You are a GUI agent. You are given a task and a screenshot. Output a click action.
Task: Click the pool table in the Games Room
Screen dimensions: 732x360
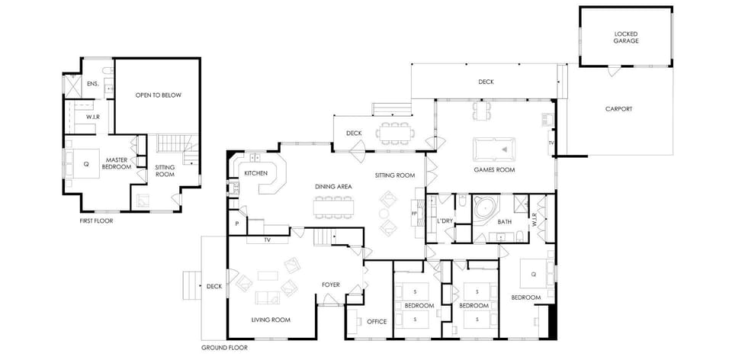pyautogui.click(x=494, y=149)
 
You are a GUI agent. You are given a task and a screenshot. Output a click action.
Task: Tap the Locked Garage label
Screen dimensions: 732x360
pyautogui.click(x=625, y=37)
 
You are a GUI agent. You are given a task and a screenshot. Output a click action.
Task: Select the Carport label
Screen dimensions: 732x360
pyautogui.click(x=618, y=109)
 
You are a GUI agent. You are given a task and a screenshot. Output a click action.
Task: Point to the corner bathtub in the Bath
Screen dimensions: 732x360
pyautogui.click(x=486, y=207)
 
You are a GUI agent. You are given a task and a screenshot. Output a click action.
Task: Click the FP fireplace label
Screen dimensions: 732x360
pyautogui.click(x=413, y=214)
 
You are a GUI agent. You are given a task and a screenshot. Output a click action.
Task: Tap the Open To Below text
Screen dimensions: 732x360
pyautogui.click(x=159, y=95)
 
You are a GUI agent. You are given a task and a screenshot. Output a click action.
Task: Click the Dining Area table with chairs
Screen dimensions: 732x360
pyautogui.click(x=334, y=207)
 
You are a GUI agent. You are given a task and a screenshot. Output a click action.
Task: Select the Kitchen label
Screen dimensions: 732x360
pyautogui.click(x=256, y=173)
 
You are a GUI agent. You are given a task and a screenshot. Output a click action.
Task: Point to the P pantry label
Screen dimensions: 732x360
pyautogui.click(x=237, y=223)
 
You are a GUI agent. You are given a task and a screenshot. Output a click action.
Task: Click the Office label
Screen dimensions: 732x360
pyautogui.click(x=377, y=322)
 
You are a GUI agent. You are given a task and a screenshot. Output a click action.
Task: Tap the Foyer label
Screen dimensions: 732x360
pyautogui.click(x=330, y=284)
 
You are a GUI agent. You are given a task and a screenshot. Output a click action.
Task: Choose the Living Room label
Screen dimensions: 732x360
pyautogui.click(x=271, y=320)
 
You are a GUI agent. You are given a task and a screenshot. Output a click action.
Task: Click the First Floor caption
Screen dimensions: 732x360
pyautogui.click(x=97, y=221)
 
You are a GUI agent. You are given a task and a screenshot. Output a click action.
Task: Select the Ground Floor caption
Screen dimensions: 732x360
pyautogui.click(x=224, y=348)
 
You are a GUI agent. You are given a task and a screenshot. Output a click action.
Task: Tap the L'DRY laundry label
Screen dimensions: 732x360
pyautogui.click(x=445, y=221)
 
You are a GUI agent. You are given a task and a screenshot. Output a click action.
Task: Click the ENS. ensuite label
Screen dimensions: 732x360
pyautogui.click(x=92, y=84)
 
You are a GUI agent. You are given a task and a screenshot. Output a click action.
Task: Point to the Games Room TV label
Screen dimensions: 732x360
pyautogui.click(x=551, y=143)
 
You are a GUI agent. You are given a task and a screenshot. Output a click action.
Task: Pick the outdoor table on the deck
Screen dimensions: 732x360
pyautogui.click(x=395, y=133)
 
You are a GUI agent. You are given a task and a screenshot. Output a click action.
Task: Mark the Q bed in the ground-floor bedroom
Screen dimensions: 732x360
pyautogui.click(x=534, y=274)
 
